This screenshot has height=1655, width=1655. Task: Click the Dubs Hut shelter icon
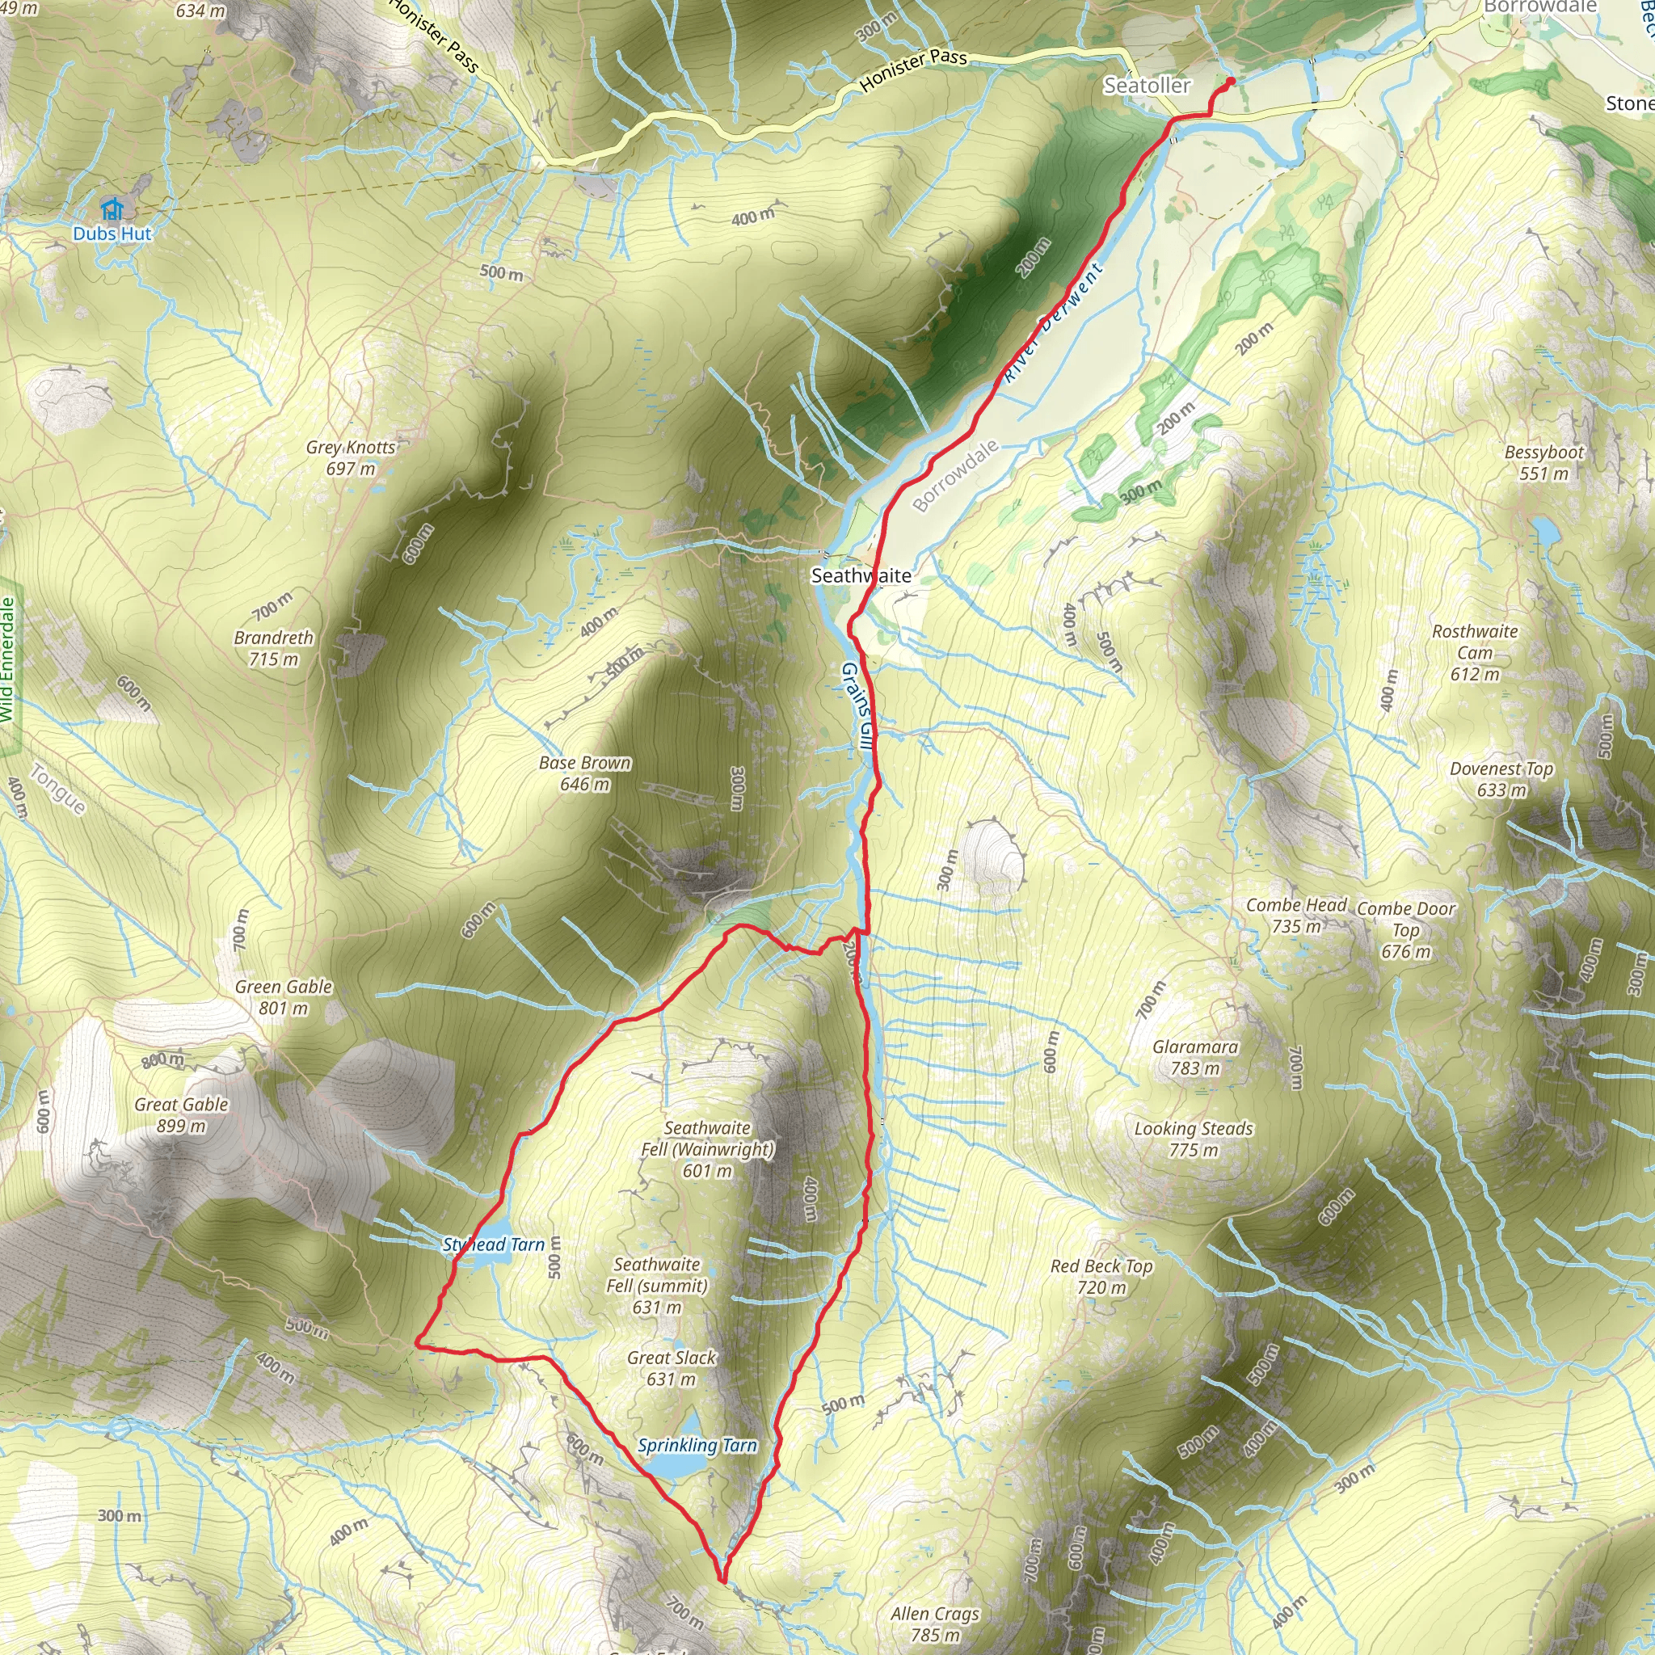(112, 208)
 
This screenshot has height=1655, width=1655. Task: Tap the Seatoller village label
(1146, 86)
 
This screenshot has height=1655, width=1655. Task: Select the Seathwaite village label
(861, 575)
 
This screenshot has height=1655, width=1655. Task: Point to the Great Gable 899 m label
(181, 1114)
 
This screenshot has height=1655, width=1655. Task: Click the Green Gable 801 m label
(284, 997)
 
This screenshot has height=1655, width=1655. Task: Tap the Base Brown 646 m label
(585, 773)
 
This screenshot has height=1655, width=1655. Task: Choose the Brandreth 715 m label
(273, 648)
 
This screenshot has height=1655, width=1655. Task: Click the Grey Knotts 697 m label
(352, 457)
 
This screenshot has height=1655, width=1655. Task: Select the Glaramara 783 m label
(1195, 1057)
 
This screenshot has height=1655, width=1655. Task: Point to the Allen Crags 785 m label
(935, 1624)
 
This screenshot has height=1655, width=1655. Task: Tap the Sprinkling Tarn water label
(697, 1446)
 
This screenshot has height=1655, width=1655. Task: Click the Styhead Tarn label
(494, 1244)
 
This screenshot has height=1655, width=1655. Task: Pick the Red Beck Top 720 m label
(1101, 1276)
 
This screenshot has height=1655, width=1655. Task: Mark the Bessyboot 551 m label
(1543, 462)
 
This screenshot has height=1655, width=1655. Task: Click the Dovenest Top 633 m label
(1501, 779)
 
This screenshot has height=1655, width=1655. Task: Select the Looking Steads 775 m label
(1194, 1139)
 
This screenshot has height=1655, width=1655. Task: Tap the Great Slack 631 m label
(671, 1368)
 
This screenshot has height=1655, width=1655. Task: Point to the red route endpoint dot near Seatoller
(1231, 82)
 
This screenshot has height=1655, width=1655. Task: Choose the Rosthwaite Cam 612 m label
(1474, 653)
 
